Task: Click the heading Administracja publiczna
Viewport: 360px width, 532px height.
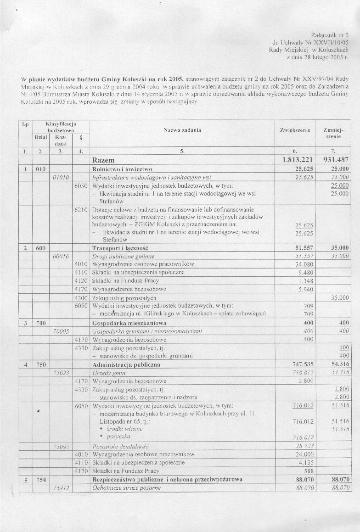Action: [x=126, y=364]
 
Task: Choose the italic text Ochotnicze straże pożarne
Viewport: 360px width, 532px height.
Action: [x=127, y=488]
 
